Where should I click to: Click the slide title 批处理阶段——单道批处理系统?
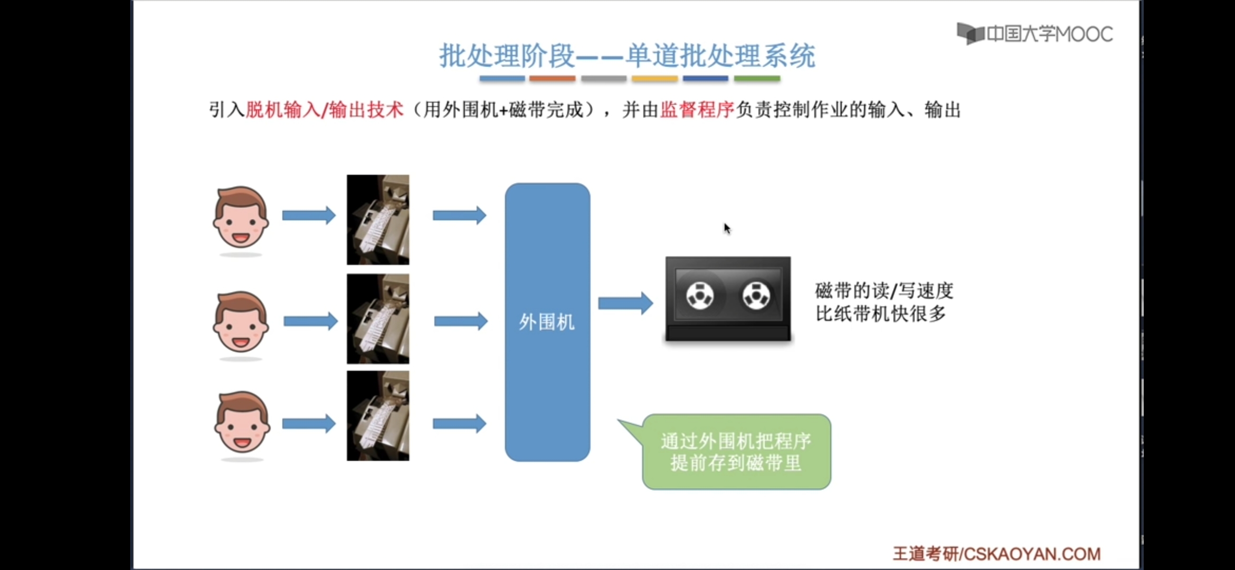click(627, 56)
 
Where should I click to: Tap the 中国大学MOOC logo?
click(1034, 34)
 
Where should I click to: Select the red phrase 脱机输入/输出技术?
click(325, 110)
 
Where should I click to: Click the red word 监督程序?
click(697, 110)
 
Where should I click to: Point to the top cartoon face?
click(241, 217)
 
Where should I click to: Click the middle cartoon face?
click(241, 322)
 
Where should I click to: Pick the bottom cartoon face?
click(242, 422)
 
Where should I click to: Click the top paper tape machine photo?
click(378, 220)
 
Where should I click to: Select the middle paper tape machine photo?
click(378, 319)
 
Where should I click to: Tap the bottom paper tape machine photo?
click(378, 416)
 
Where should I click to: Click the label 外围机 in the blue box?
click(547, 322)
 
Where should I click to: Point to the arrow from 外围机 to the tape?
click(625, 303)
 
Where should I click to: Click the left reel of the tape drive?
click(700, 296)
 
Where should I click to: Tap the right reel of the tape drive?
click(756, 296)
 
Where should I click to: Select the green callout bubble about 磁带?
click(736, 452)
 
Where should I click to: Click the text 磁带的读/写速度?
click(884, 291)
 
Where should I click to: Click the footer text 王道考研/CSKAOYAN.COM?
click(996, 554)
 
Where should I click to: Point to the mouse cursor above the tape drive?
click(727, 228)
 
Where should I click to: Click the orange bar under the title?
click(552, 79)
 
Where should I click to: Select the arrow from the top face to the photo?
click(309, 215)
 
